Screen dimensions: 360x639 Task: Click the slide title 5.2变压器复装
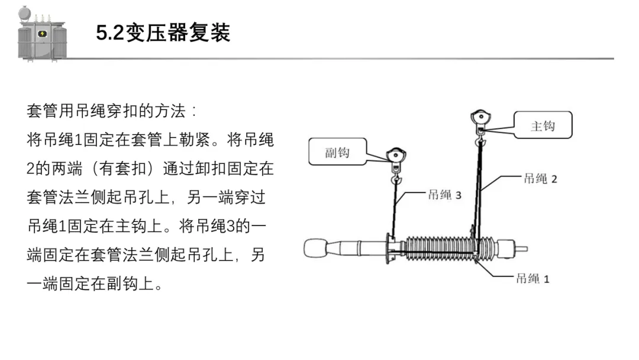(x=163, y=33)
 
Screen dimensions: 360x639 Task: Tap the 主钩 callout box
(x=542, y=126)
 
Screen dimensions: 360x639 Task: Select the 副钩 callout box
(x=337, y=152)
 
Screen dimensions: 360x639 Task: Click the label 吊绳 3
(x=444, y=195)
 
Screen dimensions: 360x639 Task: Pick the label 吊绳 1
(x=532, y=278)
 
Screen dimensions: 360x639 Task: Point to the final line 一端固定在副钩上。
(x=95, y=284)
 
